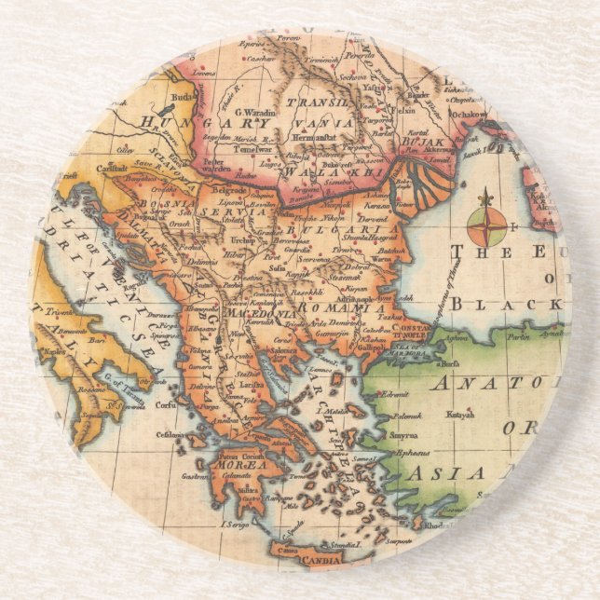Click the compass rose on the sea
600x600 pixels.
click(485, 223)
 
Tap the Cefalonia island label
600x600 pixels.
click(170, 432)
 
